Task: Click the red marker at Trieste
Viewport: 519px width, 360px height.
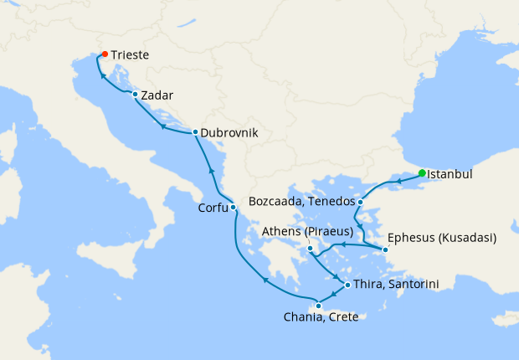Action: pos(104,54)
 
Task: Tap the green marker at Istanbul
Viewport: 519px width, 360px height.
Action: pos(422,173)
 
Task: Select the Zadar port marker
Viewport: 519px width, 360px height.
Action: pos(135,95)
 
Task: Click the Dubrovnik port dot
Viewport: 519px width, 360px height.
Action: pos(195,132)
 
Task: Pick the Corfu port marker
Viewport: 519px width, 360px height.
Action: pos(234,208)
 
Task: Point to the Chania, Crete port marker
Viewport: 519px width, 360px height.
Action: pos(318,306)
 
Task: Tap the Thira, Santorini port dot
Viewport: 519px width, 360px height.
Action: pos(347,285)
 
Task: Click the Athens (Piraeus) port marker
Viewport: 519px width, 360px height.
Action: pos(310,249)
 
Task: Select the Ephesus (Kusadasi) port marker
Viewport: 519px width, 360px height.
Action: pos(385,249)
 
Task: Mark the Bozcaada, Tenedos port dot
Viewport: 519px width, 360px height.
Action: pos(360,202)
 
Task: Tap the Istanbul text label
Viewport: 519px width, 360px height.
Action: pos(450,175)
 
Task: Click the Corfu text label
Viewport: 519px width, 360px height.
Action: pos(213,208)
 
